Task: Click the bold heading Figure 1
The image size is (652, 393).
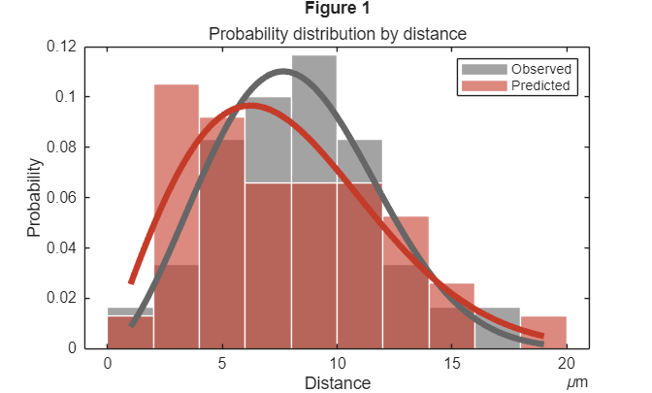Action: [x=337, y=10]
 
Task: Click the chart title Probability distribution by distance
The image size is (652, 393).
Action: [x=339, y=34]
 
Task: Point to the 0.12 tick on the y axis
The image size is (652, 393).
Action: [x=62, y=47]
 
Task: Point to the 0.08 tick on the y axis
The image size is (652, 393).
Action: [x=62, y=147]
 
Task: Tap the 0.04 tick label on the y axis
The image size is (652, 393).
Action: [x=62, y=247]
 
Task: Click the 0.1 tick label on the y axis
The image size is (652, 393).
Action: [x=66, y=97]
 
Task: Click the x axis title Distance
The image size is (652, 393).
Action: [x=338, y=382]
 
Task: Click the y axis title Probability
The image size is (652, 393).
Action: [x=35, y=198]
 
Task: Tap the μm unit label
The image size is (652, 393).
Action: [x=578, y=382]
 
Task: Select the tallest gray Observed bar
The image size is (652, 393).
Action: [x=313, y=116]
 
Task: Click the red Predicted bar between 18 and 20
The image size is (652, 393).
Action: [x=543, y=332]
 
